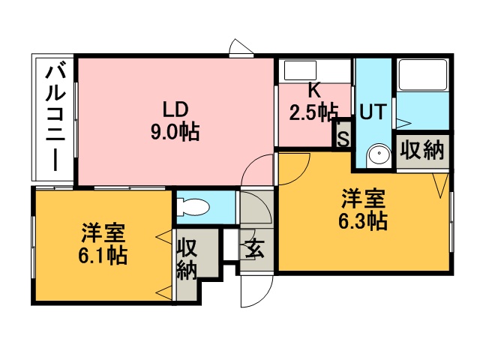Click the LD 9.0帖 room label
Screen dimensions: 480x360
tap(175, 121)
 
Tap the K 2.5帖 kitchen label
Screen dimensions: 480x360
tap(313, 103)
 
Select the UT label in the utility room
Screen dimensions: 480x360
tap(373, 112)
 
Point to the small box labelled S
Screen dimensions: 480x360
tap(343, 139)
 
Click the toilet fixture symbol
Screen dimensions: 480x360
tap(193, 207)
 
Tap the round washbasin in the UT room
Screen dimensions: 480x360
tap(379, 154)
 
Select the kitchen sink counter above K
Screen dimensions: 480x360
tap(314, 71)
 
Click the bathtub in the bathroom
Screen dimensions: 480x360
tap(423, 74)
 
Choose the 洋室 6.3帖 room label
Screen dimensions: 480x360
tap(363, 210)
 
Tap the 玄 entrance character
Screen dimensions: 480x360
tap(255, 248)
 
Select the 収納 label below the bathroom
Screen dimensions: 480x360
tap(422, 150)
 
